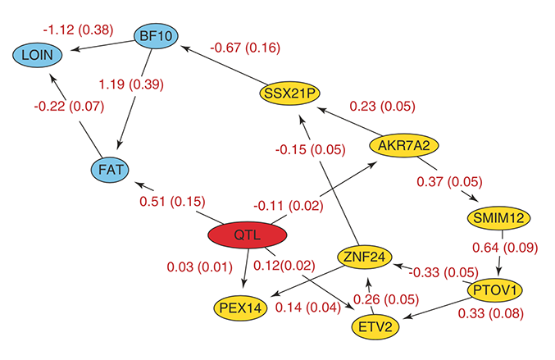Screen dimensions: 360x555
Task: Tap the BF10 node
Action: (x=156, y=35)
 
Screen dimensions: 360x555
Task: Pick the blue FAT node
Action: (x=111, y=170)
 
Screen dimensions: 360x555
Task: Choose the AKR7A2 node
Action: (x=404, y=146)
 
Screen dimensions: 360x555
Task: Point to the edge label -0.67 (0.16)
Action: (x=245, y=47)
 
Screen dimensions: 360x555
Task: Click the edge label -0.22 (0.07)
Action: (x=69, y=107)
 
